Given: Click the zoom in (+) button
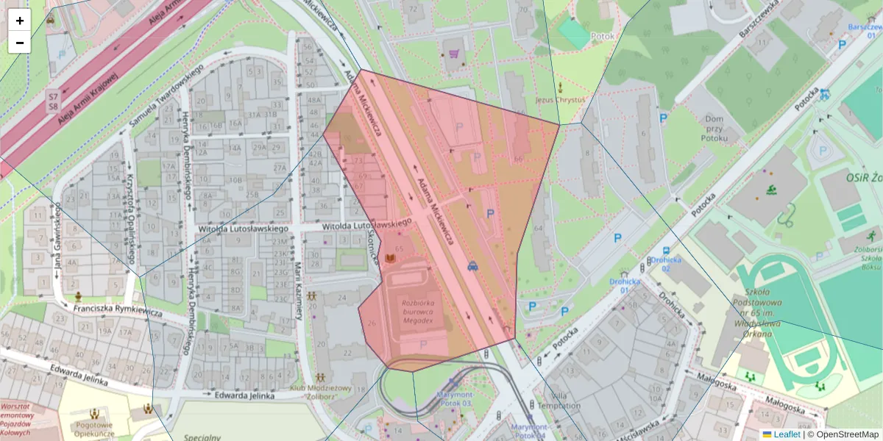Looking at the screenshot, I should click(x=20, y=21).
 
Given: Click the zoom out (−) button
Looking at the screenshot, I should click(x=20, y=43).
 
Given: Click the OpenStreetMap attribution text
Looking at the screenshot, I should click(x=845, y=434).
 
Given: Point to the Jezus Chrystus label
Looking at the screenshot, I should click(x=559, y=99).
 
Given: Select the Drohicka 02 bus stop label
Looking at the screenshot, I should click(x=665, y=264).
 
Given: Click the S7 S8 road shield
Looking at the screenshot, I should click(x=53, y=101).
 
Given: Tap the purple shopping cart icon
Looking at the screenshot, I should click(x=454, y=54).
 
